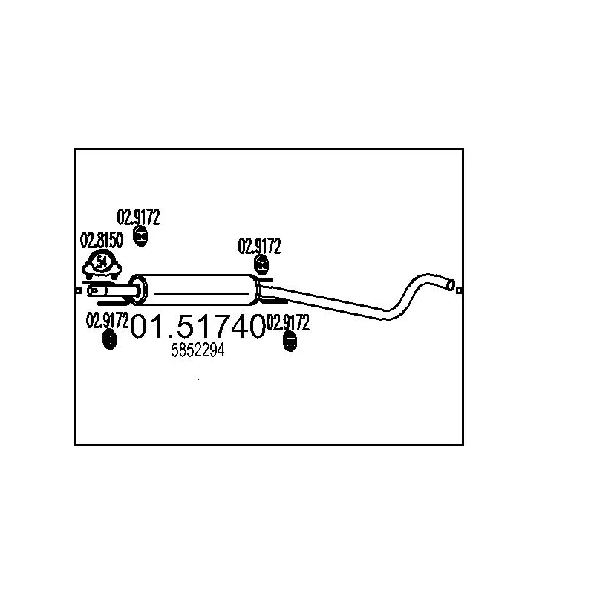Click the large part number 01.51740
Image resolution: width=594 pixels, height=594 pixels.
[198, 327]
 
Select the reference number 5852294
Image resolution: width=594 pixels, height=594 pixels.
[198, 350]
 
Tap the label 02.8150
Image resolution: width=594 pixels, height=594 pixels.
[102, 240]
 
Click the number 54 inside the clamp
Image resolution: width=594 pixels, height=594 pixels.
[101, 261]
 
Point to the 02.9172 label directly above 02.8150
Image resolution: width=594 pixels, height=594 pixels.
[138, 217]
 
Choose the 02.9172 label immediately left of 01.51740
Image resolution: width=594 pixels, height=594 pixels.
[108, 321]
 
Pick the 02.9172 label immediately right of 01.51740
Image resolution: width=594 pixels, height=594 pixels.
[288, 322]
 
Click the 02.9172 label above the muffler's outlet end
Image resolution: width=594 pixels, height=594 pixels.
[259, 247]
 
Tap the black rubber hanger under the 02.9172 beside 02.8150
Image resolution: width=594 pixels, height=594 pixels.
[140, 236]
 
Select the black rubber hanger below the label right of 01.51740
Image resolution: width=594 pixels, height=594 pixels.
[290, 342]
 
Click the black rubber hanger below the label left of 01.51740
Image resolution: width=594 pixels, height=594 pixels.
[109, 339]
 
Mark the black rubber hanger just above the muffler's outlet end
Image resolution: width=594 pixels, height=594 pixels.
[261, 265]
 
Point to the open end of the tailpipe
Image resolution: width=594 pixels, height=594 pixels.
[451, 285]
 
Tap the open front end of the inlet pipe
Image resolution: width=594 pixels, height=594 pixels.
[92, 291]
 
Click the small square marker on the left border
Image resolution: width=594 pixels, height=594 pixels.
[79, 291]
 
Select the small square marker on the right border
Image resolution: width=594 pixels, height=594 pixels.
[459, 290]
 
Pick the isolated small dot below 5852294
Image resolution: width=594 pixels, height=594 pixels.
[198, 379]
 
